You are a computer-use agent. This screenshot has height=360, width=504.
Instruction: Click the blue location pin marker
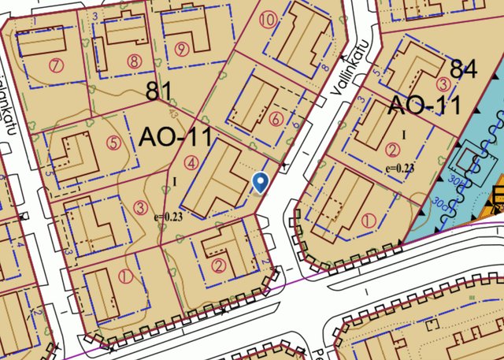pos(261,183)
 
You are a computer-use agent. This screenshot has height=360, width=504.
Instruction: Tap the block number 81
pos(159,91)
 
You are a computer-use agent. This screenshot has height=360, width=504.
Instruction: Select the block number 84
pos(464,69)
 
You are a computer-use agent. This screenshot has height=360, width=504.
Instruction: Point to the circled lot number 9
pos(183,49)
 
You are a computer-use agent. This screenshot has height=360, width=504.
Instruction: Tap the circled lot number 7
pos(54,65)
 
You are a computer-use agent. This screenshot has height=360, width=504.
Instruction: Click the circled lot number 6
pos(275,119)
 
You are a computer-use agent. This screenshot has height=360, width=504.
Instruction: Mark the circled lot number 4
pos(191,164)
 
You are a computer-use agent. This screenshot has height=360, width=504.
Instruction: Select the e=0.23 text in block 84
pos(400,168)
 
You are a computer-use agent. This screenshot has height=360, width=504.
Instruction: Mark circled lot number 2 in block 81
pos(218,265)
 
